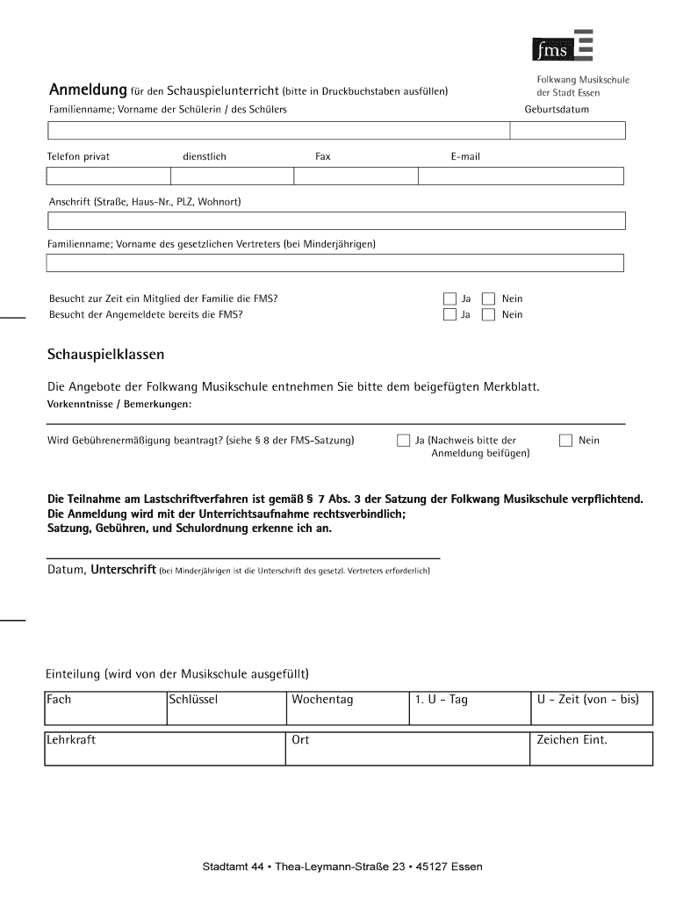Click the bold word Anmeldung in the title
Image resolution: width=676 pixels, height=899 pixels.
(87, 90)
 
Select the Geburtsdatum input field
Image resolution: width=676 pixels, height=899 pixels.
(568, 131)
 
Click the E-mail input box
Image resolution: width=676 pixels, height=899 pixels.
(520, 176)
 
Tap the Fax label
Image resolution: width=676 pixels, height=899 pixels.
(323, 156)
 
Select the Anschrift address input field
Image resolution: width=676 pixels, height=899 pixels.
(335, 219)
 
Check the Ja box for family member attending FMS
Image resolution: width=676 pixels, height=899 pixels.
(449, 298)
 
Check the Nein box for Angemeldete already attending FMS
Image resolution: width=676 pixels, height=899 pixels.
(489, 314)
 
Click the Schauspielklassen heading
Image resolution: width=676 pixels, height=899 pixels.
(105, 355)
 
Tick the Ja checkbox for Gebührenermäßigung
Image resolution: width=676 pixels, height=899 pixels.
(403, 440)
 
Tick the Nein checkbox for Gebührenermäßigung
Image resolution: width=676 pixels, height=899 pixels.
(565, 440)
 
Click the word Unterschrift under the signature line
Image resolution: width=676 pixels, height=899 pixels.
(124, 570)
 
